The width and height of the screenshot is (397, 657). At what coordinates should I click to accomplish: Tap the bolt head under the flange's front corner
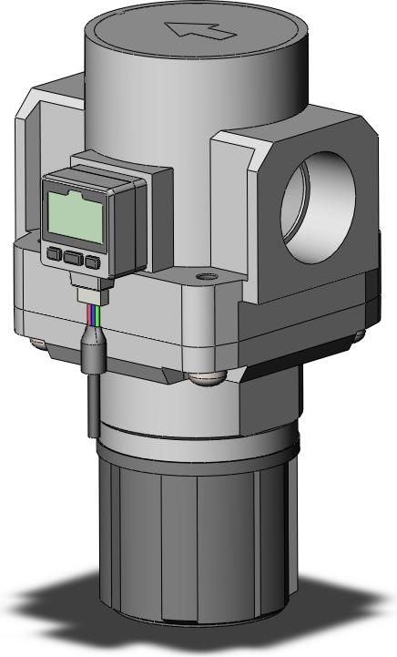point(209,375)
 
